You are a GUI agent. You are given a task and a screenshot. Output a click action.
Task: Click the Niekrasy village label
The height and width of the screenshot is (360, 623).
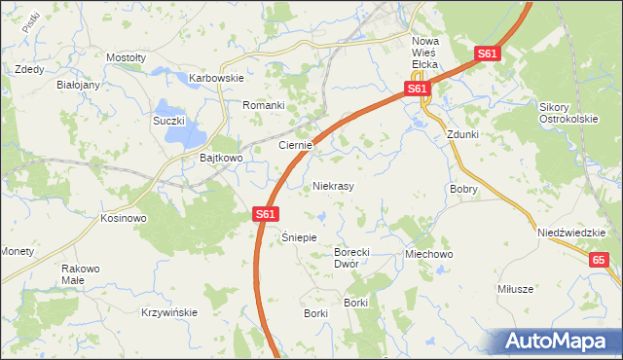point(333,185)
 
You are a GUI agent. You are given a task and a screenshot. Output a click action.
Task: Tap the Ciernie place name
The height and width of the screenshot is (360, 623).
point(294,145)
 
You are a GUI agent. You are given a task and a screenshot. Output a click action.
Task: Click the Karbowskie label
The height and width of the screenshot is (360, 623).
point(215,78)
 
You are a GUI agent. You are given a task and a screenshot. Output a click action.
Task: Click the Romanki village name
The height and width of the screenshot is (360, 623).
point(263,105)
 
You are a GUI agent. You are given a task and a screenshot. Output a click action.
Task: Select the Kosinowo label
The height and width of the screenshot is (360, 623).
point(123,218)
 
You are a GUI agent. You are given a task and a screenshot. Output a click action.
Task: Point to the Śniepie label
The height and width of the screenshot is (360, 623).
point(300,237)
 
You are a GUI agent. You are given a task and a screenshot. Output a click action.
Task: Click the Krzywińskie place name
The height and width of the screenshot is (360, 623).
point(168,312)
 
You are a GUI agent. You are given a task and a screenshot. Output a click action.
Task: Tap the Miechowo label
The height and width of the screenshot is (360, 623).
point(429,254)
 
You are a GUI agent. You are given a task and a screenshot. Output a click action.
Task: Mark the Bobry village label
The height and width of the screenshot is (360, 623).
point(463,190)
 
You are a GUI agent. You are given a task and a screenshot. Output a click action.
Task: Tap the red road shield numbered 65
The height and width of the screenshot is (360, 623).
point(599,259)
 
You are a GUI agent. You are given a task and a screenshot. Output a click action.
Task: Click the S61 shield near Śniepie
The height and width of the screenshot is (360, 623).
point(267,214)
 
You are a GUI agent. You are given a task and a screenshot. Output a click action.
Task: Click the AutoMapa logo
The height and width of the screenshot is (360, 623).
point(560,341)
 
